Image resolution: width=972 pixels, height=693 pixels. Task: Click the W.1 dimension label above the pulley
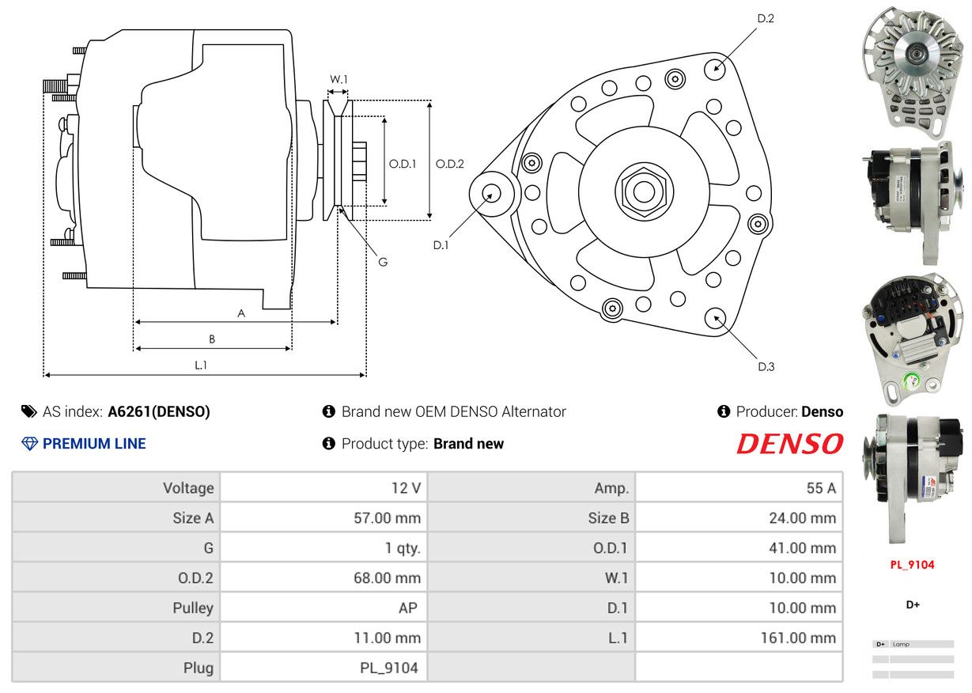tap(338, 79)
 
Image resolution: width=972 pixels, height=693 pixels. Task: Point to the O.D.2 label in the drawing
tap(449, 164)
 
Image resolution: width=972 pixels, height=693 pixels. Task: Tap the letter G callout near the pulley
tap(383, 262)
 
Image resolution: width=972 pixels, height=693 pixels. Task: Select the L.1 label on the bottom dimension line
tap(200, 365)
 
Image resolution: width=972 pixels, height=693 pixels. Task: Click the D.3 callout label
tap(766, 367)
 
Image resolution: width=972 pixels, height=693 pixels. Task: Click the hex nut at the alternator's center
tap(644, 191)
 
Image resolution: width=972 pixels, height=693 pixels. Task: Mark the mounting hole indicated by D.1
tap(492, 194)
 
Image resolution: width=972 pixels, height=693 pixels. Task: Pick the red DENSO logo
tap(790, 444)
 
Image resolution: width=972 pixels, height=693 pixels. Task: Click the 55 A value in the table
tap(821, 488)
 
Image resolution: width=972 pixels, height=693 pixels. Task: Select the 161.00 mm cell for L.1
tap(799, 638)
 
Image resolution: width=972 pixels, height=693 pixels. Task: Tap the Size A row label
tap(193, 518)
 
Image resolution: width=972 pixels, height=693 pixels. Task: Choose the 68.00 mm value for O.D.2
tap(387, 578)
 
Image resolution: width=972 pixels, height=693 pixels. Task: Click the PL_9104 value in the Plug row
tap(389, 668)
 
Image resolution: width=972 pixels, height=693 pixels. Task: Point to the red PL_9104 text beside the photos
tap(912, 565)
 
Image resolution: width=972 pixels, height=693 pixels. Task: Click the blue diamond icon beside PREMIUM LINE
tap(29, 444)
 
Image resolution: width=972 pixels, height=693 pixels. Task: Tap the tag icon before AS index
tap(29, 411)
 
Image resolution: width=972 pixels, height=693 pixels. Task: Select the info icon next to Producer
tap(724, 411)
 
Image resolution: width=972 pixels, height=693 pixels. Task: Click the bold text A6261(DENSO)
tap(159, 411)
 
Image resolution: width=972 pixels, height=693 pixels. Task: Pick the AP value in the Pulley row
tap(408, 608)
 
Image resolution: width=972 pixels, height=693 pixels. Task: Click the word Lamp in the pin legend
tap(901, 645)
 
